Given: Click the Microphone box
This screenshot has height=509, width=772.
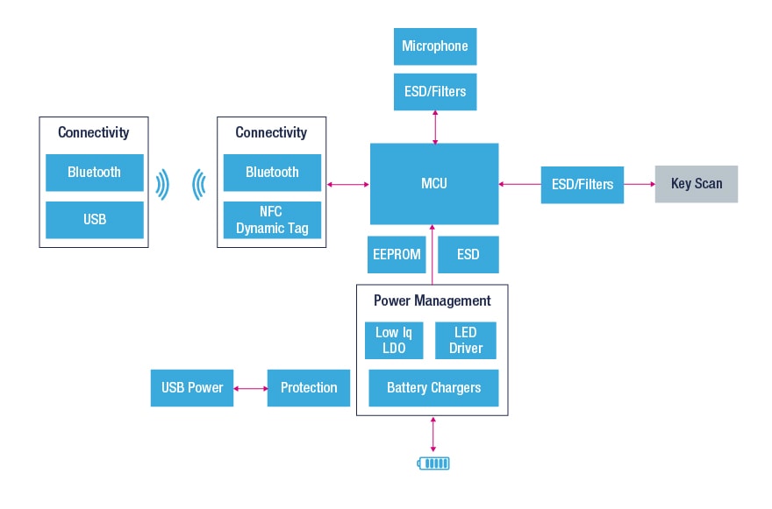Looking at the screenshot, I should (434, 46).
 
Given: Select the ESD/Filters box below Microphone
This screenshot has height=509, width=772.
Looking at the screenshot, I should (434, 91).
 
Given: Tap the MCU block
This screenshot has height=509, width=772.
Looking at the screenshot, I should (434, 183).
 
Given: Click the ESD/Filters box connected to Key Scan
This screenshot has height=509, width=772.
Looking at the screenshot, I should (582, 184).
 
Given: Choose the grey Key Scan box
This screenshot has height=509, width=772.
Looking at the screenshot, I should (696, 184).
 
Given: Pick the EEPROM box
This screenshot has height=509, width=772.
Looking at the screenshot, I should (397, 254).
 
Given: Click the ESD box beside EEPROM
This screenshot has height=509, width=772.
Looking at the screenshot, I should (468, 254).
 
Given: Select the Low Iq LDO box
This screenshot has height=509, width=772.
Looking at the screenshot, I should (394, 340).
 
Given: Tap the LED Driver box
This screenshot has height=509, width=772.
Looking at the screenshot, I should (466, 340).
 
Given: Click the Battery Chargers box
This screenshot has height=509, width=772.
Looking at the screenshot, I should (433, 387).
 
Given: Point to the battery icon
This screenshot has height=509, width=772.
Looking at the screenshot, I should (433, 463).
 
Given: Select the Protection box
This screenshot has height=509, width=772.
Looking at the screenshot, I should (308, 387).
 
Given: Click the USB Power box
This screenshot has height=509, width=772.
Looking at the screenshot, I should (192, 387).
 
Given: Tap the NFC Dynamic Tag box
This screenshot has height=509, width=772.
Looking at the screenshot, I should (272, 219).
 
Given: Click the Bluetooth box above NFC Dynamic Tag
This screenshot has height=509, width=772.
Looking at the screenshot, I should (272, 173).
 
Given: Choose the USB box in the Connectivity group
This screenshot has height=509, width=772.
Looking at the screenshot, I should (94, 219).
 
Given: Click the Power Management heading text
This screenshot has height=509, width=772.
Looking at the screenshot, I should (432, 300).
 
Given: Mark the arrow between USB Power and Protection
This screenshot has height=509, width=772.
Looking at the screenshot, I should (251, 387).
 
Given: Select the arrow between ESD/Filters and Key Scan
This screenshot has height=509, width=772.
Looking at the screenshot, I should (640, 184).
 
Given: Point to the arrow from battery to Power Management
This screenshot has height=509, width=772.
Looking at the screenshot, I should (433, 433).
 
